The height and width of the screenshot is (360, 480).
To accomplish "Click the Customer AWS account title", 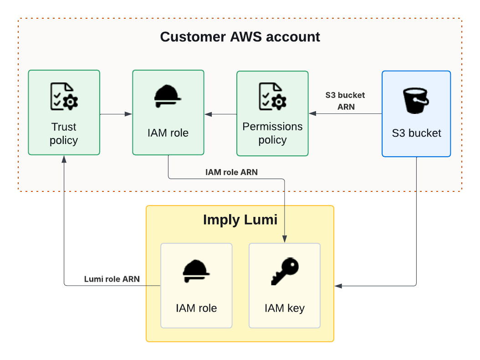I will coord(240,37).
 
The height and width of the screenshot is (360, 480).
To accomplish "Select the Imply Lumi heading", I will coord(240,220).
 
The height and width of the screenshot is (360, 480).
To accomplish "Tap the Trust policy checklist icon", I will coord(64,96).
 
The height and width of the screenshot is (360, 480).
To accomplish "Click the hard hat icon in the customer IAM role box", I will coord(168,97).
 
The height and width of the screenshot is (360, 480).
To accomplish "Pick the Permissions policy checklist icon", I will coord(272,96).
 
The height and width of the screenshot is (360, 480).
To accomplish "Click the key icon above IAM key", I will coord(285,272).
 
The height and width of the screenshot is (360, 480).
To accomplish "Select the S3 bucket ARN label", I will coord(345,101).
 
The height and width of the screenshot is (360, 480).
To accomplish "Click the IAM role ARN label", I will coord(231,172).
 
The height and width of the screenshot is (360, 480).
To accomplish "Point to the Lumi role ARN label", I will coord(112,279).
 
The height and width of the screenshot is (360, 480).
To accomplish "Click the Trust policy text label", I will coord(64,134).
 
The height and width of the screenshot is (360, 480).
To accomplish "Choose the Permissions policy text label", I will coord(272,133).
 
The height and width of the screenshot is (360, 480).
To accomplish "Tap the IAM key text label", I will coord(285,308).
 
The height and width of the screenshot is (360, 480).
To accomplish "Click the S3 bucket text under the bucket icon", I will coord(416,133).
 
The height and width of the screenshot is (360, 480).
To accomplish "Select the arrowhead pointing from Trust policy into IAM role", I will coord(129,114).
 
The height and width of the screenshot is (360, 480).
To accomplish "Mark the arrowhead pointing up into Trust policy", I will coord(64,159).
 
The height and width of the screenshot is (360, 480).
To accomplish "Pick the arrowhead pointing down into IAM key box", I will coord(285,240).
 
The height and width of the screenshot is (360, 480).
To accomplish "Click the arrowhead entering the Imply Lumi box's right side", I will coord(337,286).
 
